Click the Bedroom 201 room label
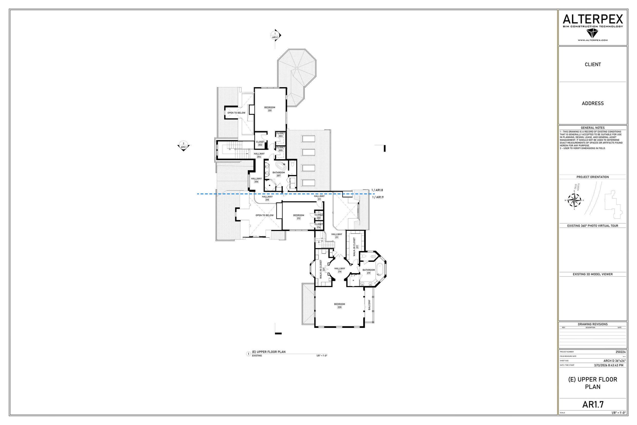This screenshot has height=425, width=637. pos(270,109)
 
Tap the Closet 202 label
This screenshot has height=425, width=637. pos(260,143)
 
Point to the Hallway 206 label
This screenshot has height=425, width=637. pos(256,180)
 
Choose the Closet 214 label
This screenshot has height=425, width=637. pos(319,226)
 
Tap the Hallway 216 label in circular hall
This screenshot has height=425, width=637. pos(339,270)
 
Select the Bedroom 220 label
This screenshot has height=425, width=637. pos(339,305)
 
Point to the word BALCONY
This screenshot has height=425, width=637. pos(369,305)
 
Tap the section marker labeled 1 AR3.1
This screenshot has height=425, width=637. pos(275,35)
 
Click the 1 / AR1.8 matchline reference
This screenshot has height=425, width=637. pos(377,190)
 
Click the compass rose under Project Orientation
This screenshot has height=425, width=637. pos(574,200)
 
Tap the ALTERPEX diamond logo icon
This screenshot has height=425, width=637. pos(593,33)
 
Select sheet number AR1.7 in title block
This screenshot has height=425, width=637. pos(593,404)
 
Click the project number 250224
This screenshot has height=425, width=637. pos(620,352)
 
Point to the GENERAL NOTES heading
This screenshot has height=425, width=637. pos(593,128)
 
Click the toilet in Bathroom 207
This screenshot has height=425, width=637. pos(292,164)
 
